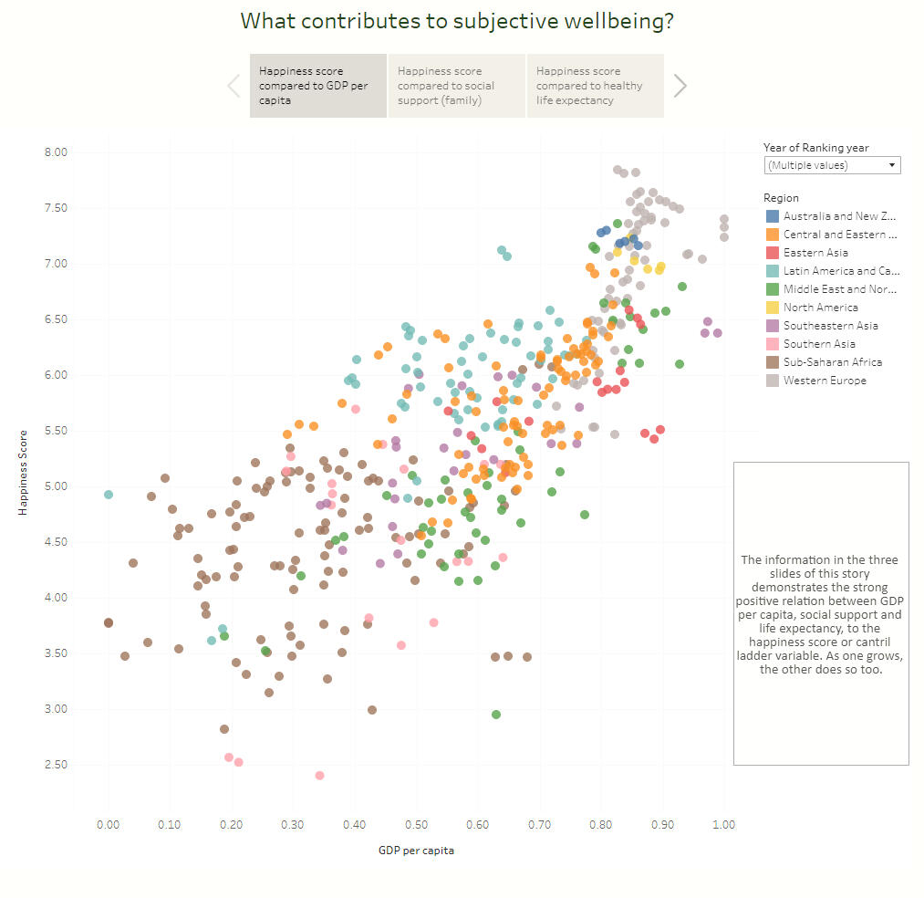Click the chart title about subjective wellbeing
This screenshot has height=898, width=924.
pyautogui.click(x=457, y=21)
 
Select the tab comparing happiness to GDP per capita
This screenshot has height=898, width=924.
pyautogui.click(x=318, y=86)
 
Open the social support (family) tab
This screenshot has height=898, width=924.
pyautogui.click(x=457, y=86)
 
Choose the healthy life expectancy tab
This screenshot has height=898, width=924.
pyautogui.click(x=595, y=86)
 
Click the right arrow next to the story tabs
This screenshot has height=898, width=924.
pyautogui.click(x=680, y=86)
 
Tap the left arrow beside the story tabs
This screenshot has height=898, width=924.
pyautogui.click(x=234, y=86)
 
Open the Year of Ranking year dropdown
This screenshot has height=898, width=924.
pyautogui.click(x=832, y=165)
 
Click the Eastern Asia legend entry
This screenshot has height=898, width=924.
pyautogui.click(x=815, y=253)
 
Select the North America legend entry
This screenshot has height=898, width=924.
pyautogui.click(x=820, y=308)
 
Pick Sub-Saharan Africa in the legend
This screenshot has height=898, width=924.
pyautogui.click(x=832, y=362)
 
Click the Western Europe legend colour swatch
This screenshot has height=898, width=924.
pyautogui.click(x=773, y=381)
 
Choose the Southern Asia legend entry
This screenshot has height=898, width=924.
pyautogui.click(x=819, y=344)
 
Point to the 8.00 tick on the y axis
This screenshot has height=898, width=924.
pyautogui.click(x=56, y=152)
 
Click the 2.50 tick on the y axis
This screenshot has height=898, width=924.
pyautogui.click(x=56, y=765)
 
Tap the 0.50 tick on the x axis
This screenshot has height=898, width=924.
pyautogui.click(x=416, y=825)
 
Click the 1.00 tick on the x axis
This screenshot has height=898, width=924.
pyautogui.click(x=723, y=825)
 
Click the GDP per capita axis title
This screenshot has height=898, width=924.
pyautogui.click(x=416, y=851)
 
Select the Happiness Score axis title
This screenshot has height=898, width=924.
pyautogui.click(x=23, y=473)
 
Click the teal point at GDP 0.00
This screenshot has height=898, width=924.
pyautogui.click(x=109, y=495)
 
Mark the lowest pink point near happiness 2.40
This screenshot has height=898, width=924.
pyautogui.click(x=319, y=776)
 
